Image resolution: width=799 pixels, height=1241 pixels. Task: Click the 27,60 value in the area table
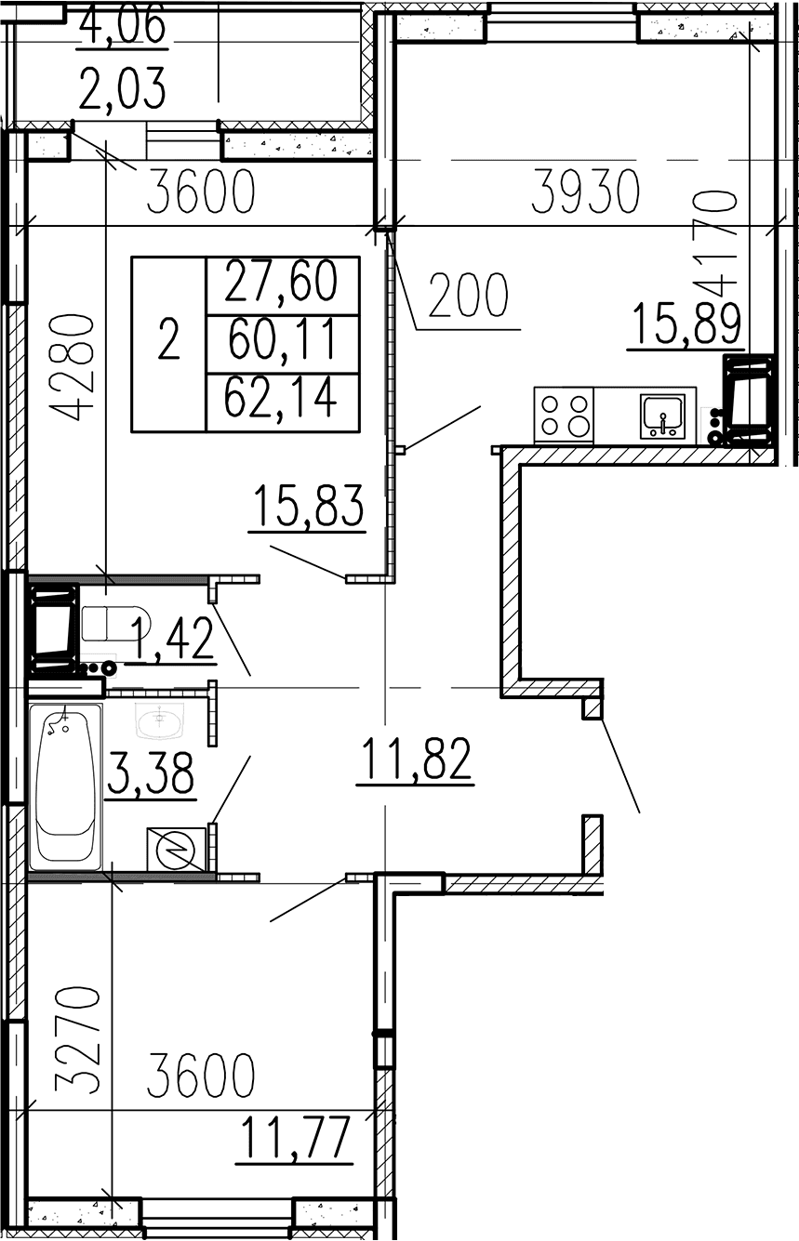[281, 281]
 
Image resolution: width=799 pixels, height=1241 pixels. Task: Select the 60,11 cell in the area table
[283, 339]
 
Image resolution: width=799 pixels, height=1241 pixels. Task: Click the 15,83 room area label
[308, 505]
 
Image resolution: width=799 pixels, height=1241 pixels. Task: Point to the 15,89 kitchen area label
[686, 323]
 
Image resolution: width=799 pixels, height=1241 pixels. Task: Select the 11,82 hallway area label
[415, 759]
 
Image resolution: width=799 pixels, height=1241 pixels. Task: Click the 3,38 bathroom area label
[151, 772]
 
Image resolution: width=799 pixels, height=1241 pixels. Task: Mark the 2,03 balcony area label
[122, 88]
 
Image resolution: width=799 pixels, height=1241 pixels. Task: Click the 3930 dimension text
[585, 191]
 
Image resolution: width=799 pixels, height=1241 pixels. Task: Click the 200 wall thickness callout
[469, 295]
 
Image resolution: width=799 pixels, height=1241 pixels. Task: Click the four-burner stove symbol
[564, 415]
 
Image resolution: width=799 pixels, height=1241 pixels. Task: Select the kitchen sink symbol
[662, 416]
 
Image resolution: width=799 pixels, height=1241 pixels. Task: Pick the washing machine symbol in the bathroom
[177, 850]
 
